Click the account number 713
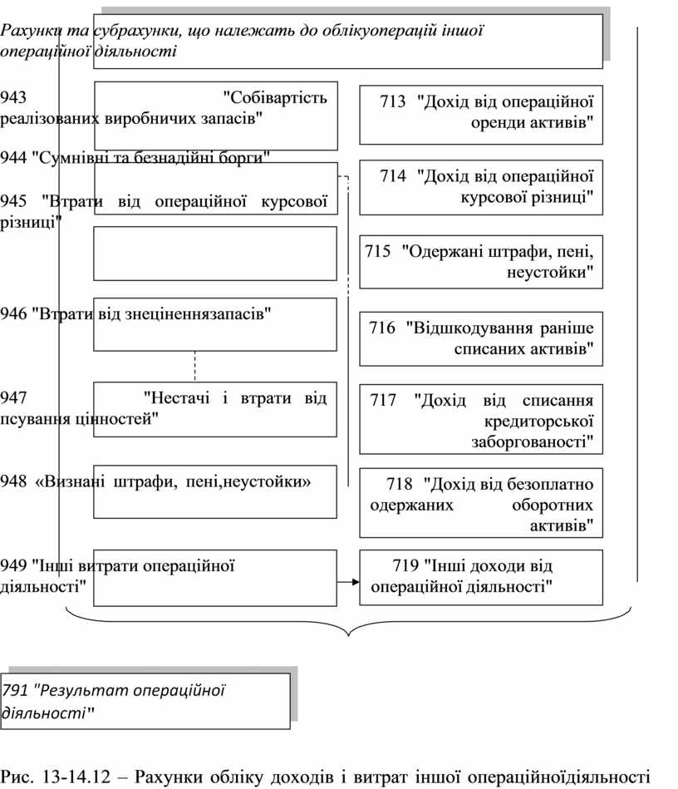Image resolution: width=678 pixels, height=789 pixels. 393,102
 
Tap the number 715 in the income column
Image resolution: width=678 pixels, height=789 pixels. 377,252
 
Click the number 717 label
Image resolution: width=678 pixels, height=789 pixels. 385,401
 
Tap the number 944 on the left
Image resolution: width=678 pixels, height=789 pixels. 14,157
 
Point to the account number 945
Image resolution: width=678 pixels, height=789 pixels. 14,201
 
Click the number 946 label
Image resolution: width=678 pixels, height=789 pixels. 14,314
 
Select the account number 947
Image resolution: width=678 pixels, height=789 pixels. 14,397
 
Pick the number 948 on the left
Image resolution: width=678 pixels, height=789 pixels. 14,481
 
